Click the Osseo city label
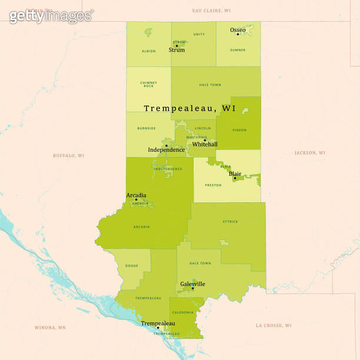[238, 29]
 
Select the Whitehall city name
[205, 144]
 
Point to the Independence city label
[166, 150]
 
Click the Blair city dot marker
[235, 178]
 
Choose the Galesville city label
[192, 284]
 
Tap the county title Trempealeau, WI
[189, 109]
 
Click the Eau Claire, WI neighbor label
[212, 11]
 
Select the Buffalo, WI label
[68, 155]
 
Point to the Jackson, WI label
[310, 152]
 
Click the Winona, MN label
[51, 327]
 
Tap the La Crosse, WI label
[274, 325]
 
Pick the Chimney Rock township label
[148, 85]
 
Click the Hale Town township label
[210, 85]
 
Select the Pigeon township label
[239, 130]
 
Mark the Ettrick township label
[231, 222]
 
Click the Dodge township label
[132, 266]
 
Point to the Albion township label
[149, 51]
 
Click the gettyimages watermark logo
[51, 16]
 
